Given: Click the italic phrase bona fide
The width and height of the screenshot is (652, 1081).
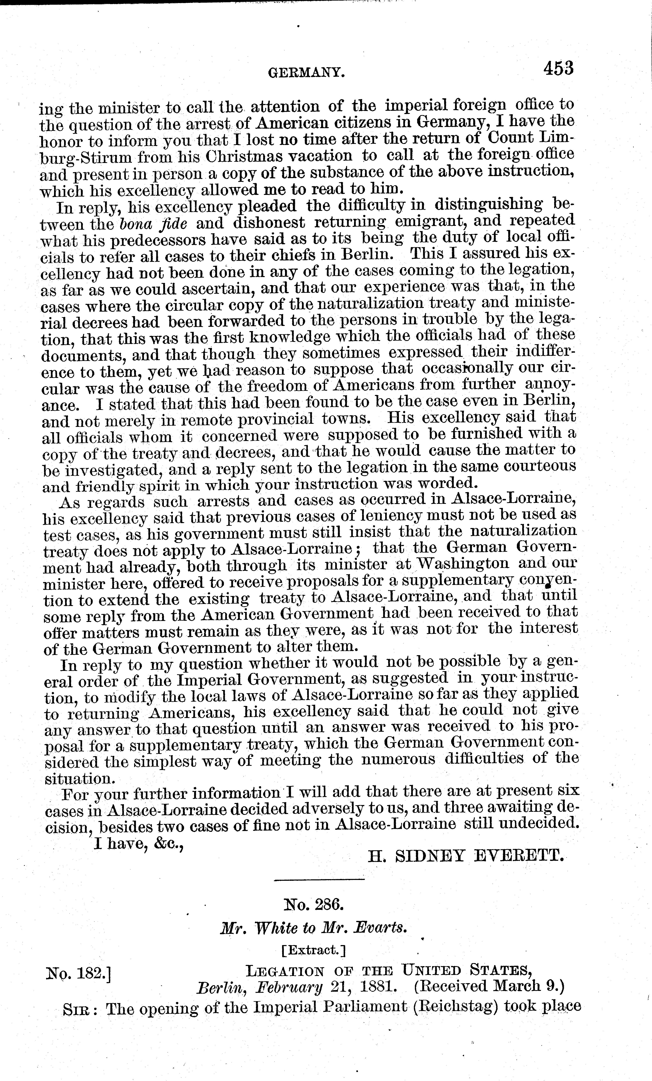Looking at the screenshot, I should coord(153,223).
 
